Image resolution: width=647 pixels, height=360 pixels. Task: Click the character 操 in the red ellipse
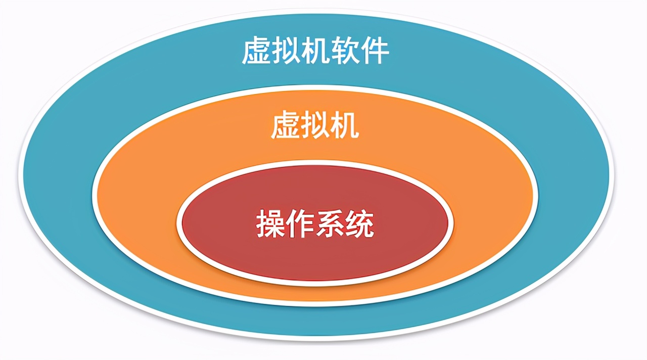pos(270,223)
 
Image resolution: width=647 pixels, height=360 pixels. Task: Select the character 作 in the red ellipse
pos(300,223)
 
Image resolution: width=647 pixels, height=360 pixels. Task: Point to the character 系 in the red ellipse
pos(330,223)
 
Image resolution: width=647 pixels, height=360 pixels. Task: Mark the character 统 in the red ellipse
pos(359,223)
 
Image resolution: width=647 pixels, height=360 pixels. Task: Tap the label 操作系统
pos(315,223)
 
